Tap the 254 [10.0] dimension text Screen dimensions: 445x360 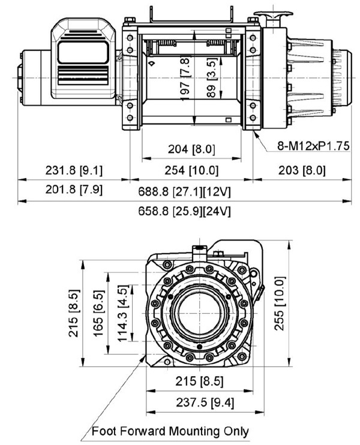point(191,170)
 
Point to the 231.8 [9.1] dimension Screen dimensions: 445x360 point(74,170)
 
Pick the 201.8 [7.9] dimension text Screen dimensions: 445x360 point(74,191)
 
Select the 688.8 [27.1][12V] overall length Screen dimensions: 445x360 point(191,192)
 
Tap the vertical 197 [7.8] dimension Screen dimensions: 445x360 point(187,76)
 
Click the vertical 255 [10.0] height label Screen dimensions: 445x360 point(277,306)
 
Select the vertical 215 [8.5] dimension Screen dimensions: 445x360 point(73,313)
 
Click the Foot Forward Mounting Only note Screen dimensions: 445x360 point(170,431)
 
